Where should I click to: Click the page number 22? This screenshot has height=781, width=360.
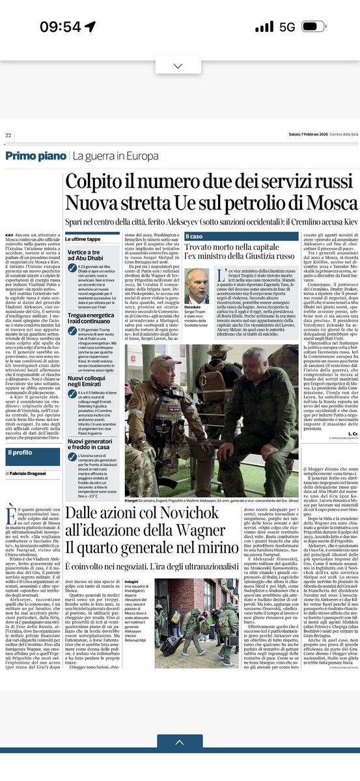coord(9,135)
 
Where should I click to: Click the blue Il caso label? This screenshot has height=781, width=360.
coord(195,236)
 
